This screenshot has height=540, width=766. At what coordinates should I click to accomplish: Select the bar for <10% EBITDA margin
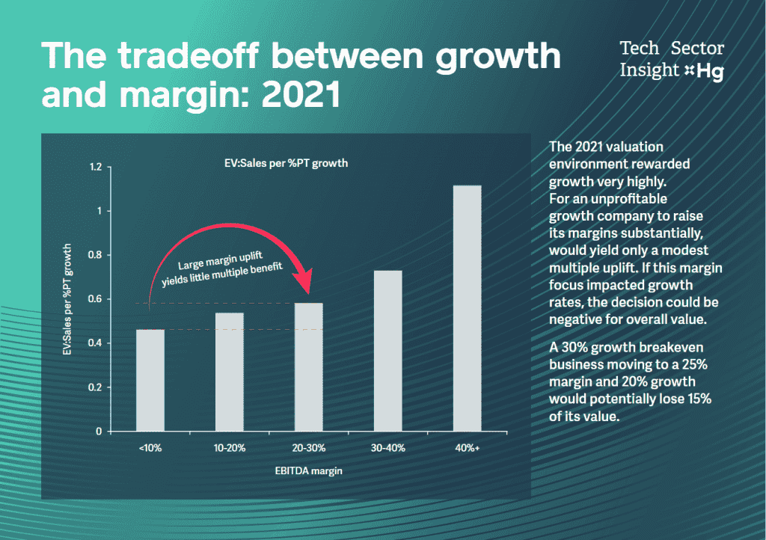150,380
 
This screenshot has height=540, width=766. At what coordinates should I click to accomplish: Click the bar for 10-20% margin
230,372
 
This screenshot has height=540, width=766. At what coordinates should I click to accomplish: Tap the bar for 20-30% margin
308,366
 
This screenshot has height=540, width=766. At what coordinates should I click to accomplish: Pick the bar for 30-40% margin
387,351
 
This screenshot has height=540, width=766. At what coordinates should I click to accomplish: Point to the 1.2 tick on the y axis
94,167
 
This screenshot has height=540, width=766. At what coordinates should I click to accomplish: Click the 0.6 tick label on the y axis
94,299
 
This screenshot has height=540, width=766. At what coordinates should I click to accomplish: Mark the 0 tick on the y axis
98,432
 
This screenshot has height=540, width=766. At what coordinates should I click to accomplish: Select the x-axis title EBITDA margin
309,471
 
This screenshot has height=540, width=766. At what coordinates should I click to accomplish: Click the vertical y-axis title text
67,298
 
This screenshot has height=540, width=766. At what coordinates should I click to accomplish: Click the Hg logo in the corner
710,72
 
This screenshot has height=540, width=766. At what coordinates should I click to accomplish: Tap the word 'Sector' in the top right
697,49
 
